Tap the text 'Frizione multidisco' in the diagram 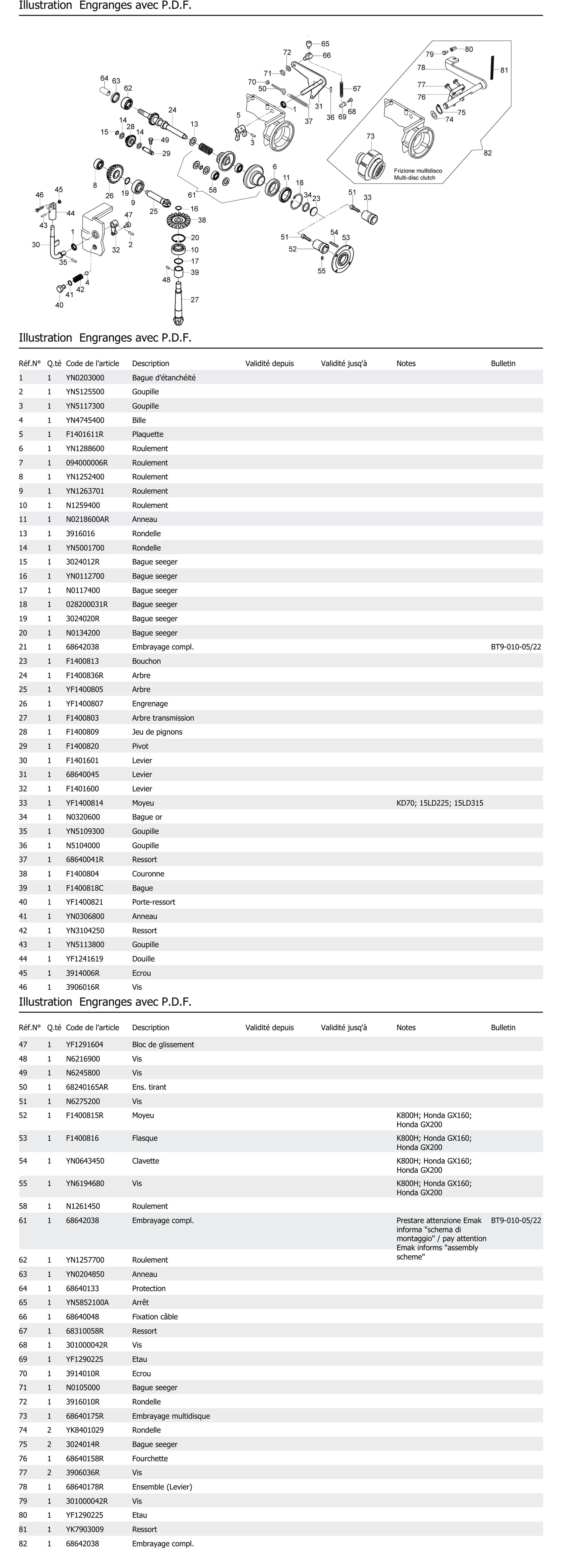point(418,171)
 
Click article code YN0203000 point(85,377)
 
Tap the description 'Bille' point(139,420)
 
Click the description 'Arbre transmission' point(163,718)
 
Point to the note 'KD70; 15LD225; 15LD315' point(439,803)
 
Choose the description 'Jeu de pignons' point(157,732)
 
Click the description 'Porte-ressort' point(154,902)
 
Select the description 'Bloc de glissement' point(163,1044)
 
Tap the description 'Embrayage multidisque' point(171,1416)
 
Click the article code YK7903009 point(85,1529)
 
